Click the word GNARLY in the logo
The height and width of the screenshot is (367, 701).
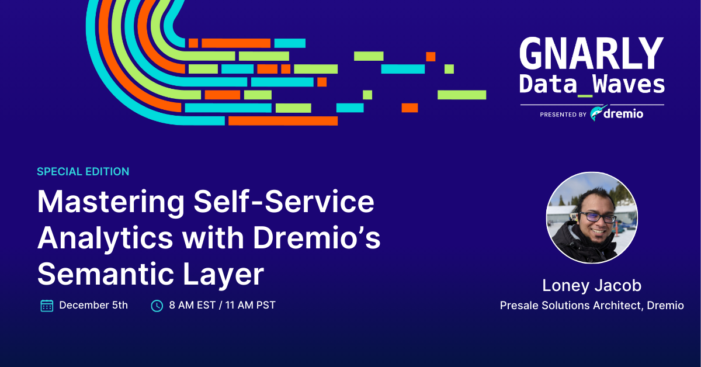[x=591, y=54]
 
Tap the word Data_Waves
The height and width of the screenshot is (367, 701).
[x=592, y=85]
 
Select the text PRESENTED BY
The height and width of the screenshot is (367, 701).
[x=563, y=115]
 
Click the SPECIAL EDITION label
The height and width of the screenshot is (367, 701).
[x=83, y=172]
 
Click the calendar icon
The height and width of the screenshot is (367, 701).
[x=47, y=306]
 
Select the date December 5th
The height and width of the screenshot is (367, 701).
[x=93, y=305]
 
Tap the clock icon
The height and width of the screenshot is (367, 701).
[x=157, y=306]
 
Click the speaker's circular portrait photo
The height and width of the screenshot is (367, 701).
[x=592, y=217]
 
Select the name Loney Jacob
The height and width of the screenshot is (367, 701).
[x=592, y=285]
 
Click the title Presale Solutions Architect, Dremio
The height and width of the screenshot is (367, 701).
[x=592, y=306]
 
